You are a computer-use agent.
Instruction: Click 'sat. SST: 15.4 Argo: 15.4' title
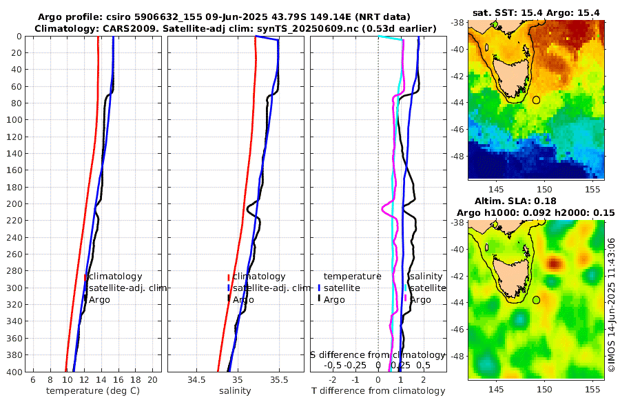535,13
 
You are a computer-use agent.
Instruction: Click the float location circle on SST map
537,100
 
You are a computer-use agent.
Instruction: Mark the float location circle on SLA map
537,299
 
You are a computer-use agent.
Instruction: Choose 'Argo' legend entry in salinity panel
243,300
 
